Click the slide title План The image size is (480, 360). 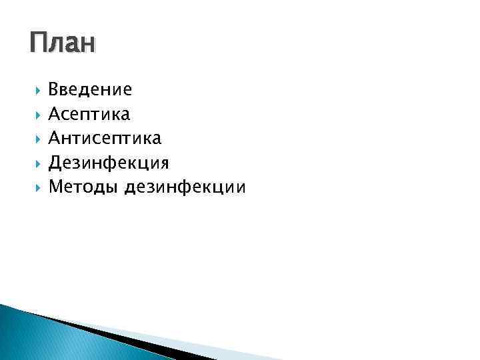(x=63, y=44)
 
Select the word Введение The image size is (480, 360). (x=90, y=89)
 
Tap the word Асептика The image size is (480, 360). (x=89, y=114)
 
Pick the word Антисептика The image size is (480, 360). (x=105, y=139)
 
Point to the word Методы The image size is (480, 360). (x=83, y=187)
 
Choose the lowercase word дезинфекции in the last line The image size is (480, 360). (x=185, y=187)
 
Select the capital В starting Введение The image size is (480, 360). (x=54, y=89)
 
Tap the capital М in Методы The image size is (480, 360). (x=55, y=187)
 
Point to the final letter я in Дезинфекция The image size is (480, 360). (x=163, y=163)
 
